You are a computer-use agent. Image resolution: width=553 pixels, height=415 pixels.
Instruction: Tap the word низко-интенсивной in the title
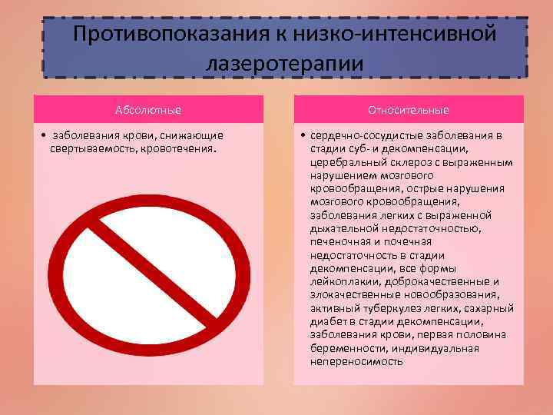click(406, 34)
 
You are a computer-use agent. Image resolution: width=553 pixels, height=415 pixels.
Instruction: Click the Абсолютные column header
click(149, 109)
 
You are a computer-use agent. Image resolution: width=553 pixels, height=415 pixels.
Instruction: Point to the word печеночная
click(339, 241)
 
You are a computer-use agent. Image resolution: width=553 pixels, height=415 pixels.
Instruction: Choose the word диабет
click(326, 320)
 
